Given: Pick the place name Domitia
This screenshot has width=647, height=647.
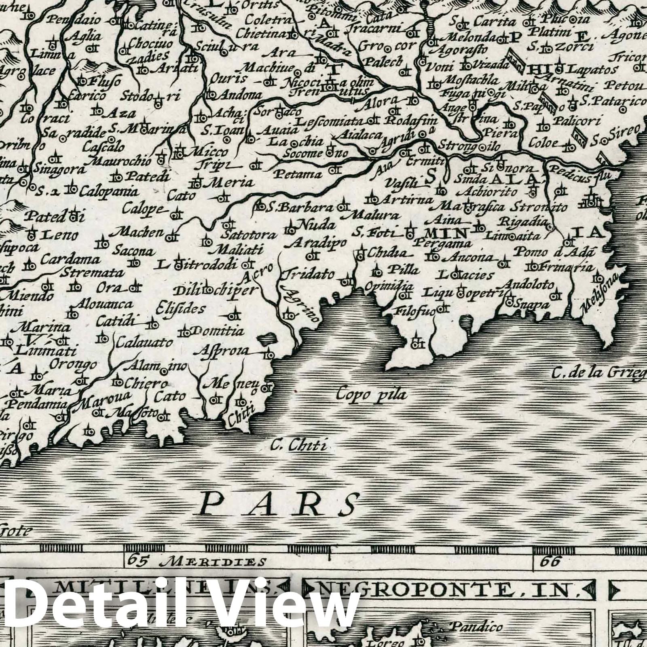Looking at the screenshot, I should tap(218, 331).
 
